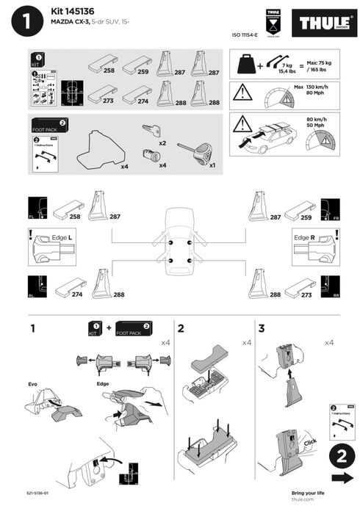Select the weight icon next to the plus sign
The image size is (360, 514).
coord(245,65)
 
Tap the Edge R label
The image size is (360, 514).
coord(303,239)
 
